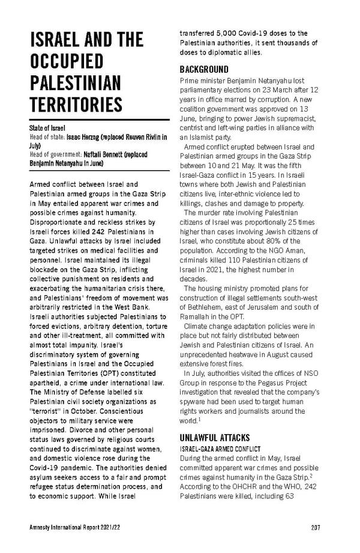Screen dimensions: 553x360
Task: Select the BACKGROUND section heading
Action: pyautogui.click(x=204, y=69)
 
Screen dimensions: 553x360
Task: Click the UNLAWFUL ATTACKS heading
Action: pyautogui.click(x=215, y=438)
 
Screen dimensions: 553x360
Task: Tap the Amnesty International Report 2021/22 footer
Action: pyautogui.click(x=70, y=527)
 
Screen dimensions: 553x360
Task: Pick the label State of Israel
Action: pyautogui.click(x=47, y=128)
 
